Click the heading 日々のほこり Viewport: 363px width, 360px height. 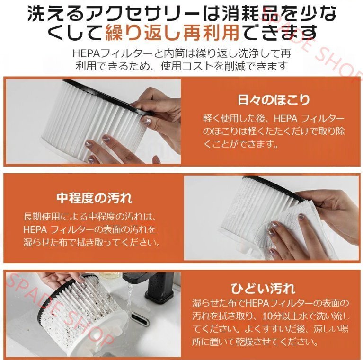[273, 100]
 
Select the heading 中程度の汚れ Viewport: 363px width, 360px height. [94, 197]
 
